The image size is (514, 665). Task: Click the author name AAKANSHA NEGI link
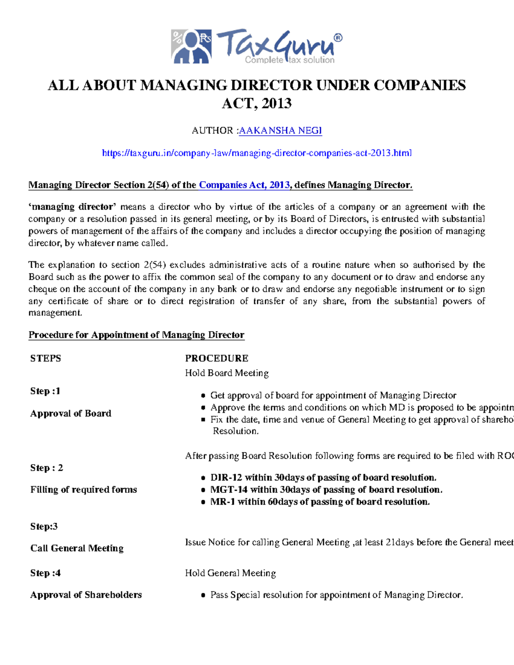point(280,131)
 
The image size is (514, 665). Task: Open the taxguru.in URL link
point(257,153)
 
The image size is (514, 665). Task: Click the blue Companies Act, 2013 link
point(245,185)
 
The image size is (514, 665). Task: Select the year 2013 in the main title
point(277,104)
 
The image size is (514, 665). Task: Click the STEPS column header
point(45,358)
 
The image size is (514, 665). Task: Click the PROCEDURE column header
point(216,358)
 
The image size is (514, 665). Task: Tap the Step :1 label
point(45,391)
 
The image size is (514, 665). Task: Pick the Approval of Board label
point(71,413)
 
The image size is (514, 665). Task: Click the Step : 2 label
point(46,468)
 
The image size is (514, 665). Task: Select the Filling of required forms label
point(84,489)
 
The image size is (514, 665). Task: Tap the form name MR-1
point(222,501)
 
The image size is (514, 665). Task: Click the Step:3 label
point(44,526)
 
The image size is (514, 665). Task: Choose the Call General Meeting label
point(77,548)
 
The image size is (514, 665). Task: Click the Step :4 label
point(45,573)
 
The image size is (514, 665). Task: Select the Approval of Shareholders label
point(86,595)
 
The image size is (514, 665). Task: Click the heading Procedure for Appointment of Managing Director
point(136,335)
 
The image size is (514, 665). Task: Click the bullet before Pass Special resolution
point(203,595)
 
